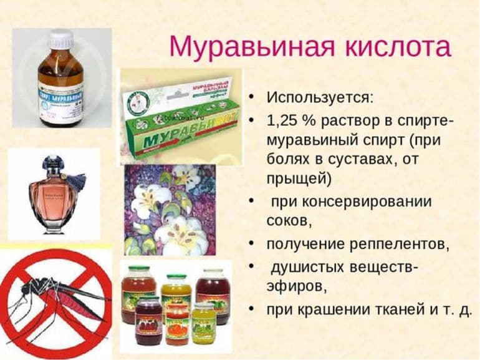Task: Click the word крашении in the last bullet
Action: pyautogui.click(x=330, y=309)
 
